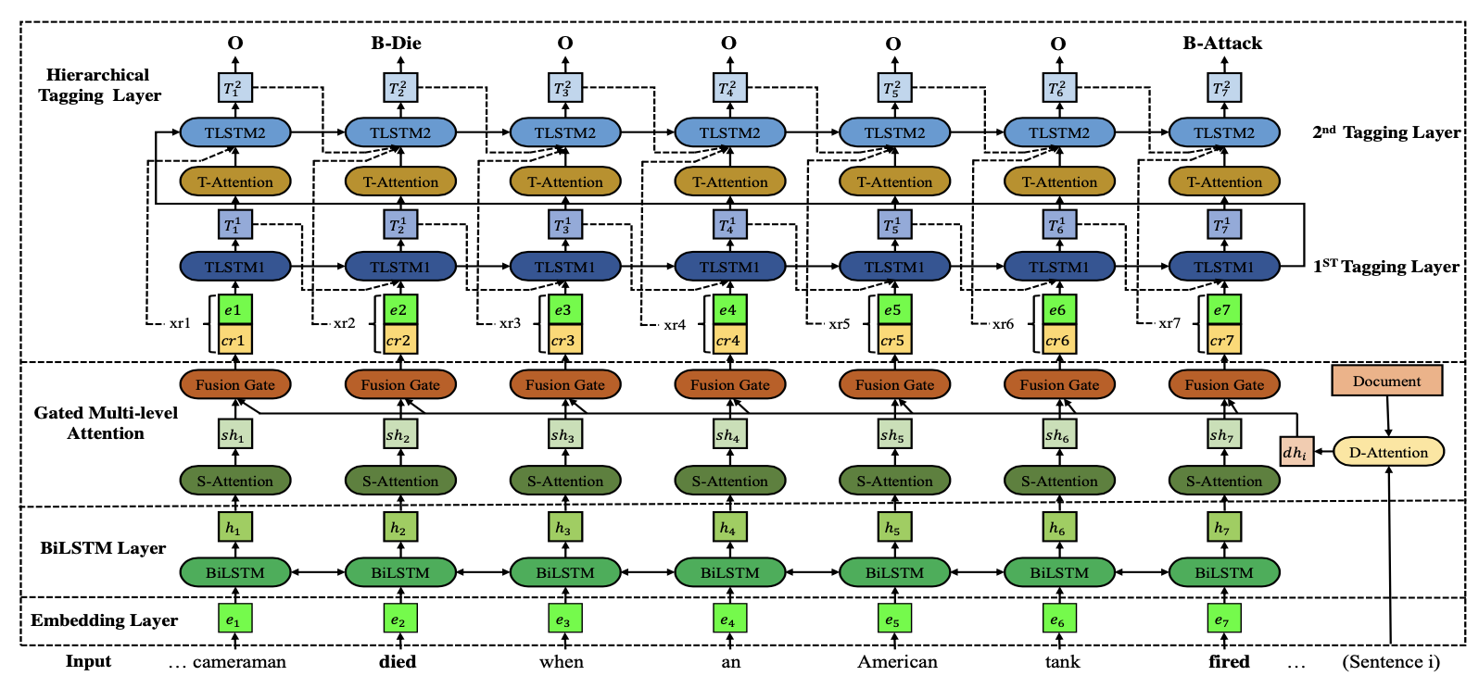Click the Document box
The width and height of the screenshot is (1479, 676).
(x=1386, y=381)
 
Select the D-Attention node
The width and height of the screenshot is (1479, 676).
(x=1387, y=452)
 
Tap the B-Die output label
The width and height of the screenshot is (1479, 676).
(x=396, y=43)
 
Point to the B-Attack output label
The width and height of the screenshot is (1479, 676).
(x=1221, y=43)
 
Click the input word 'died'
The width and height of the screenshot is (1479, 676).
(x=398, y=661)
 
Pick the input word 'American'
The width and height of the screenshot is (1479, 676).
(x=896, y=661)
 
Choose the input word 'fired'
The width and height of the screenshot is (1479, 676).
(x=1229, y=661)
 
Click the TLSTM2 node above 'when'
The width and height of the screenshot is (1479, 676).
(x=565, y=132)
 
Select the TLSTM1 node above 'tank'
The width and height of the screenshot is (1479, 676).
(x=1059, y=267)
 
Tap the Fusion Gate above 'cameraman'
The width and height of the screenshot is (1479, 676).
(x=235, y=384)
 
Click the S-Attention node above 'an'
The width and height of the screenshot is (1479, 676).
(x=730, y=481)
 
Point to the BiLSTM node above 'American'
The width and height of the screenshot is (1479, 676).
(x=894, y=572)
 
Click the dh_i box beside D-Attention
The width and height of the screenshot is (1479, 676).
(x=1296, y=452)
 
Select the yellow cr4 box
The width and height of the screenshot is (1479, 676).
(x=727, y=340)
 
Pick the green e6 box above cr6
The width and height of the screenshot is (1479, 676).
(x=1057, y=310)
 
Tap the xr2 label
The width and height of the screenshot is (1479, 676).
(x=344, y=323)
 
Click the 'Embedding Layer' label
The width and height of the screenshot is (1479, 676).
(x=104, y=620)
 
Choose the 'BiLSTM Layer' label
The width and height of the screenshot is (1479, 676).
(x=103, y=547)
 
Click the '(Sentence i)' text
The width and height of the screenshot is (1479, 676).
(x=1390, y=661)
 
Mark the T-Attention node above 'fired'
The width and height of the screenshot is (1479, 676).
(x=1224, y=182)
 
